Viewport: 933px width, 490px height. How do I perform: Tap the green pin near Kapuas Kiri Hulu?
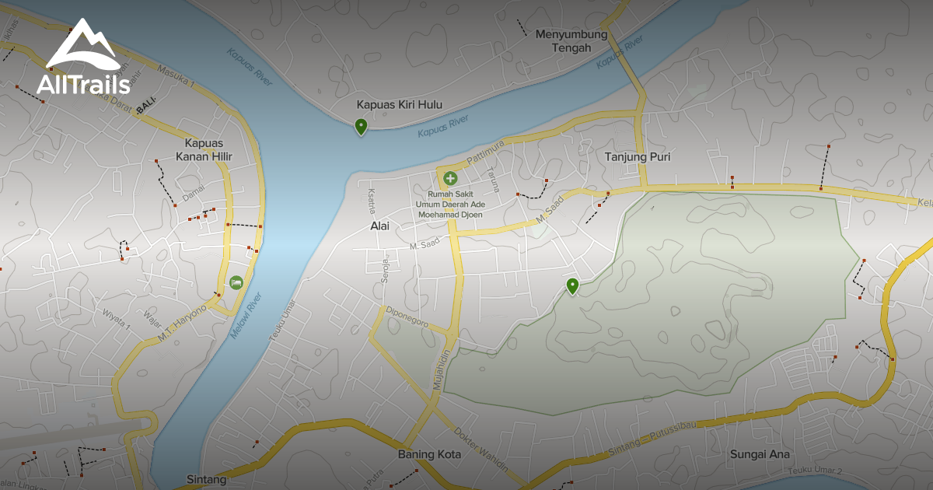361,126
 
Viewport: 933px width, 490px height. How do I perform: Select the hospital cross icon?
451,179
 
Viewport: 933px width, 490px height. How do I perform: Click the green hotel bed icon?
236,282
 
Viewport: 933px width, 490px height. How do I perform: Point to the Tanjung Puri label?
638,157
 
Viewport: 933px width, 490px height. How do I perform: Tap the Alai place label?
379,227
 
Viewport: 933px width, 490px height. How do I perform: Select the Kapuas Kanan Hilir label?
208,151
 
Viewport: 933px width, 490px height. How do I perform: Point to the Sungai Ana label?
760,454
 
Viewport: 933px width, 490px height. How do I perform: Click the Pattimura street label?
486,152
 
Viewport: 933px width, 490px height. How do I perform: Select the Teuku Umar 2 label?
814,471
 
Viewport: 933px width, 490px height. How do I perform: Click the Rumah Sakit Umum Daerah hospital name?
461,204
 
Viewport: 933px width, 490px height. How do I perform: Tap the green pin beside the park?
573,286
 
